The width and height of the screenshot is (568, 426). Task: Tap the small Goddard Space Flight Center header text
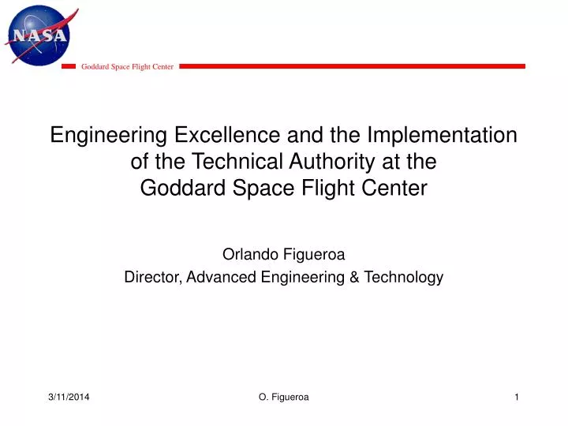coord(127,67)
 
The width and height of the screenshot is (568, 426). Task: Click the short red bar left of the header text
coord(69,67)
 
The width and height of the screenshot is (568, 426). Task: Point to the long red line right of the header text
coord(352,66)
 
